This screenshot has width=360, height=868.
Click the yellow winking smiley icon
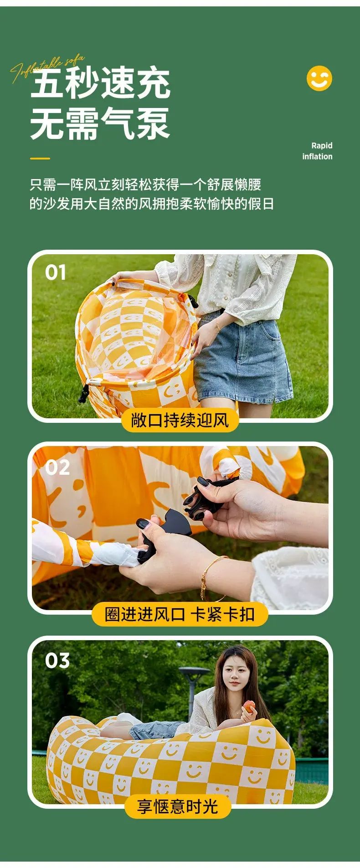(x=319, y=78)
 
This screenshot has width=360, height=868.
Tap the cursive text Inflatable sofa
(x=47, y=68)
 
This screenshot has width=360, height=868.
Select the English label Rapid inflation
(x=317, y=151)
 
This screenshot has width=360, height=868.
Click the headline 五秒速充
(x=100, y=83)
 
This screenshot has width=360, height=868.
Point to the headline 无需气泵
(x=100, y=123)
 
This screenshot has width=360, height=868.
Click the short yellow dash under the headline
(x=40, y=159)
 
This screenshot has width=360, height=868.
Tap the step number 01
(x=56, y=272)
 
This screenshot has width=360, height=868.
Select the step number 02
(x=57, y=468)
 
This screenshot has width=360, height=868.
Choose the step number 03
(x=57, y=661)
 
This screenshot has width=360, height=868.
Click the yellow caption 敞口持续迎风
(x=180, y=420)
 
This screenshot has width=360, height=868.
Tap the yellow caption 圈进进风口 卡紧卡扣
(x=180, y=614)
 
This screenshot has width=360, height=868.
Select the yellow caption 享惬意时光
(x=178, y=806)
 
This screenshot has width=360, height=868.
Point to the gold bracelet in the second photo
(x=211, y=577)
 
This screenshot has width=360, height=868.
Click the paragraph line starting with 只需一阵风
(x=145, y=185)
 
